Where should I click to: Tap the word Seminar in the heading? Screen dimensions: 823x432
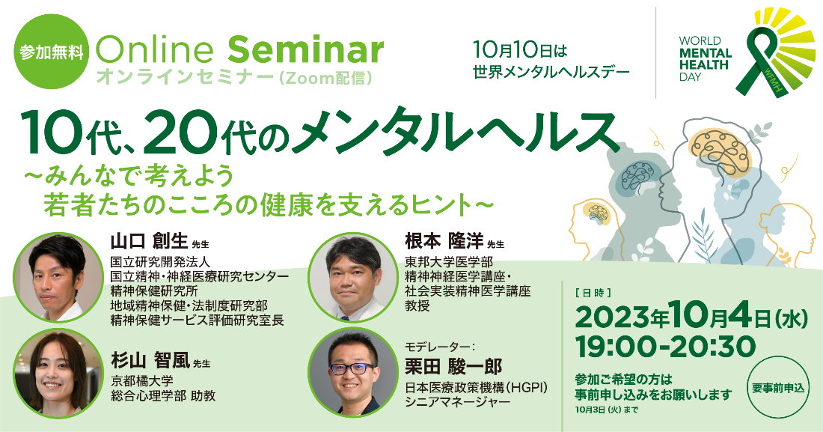[305, 50]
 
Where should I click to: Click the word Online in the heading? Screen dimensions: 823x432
[156, 50]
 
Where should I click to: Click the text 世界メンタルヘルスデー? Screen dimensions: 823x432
[551, 71]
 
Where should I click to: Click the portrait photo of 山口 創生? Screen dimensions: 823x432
[58, 278]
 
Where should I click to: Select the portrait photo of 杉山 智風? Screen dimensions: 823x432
[58, 373]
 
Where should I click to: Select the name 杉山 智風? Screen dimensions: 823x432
[150, 361]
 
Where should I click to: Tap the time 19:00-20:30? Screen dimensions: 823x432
[666, 347]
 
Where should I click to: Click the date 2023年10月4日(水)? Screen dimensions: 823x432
[691, 318]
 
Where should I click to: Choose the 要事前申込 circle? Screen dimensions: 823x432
[778, 388]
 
